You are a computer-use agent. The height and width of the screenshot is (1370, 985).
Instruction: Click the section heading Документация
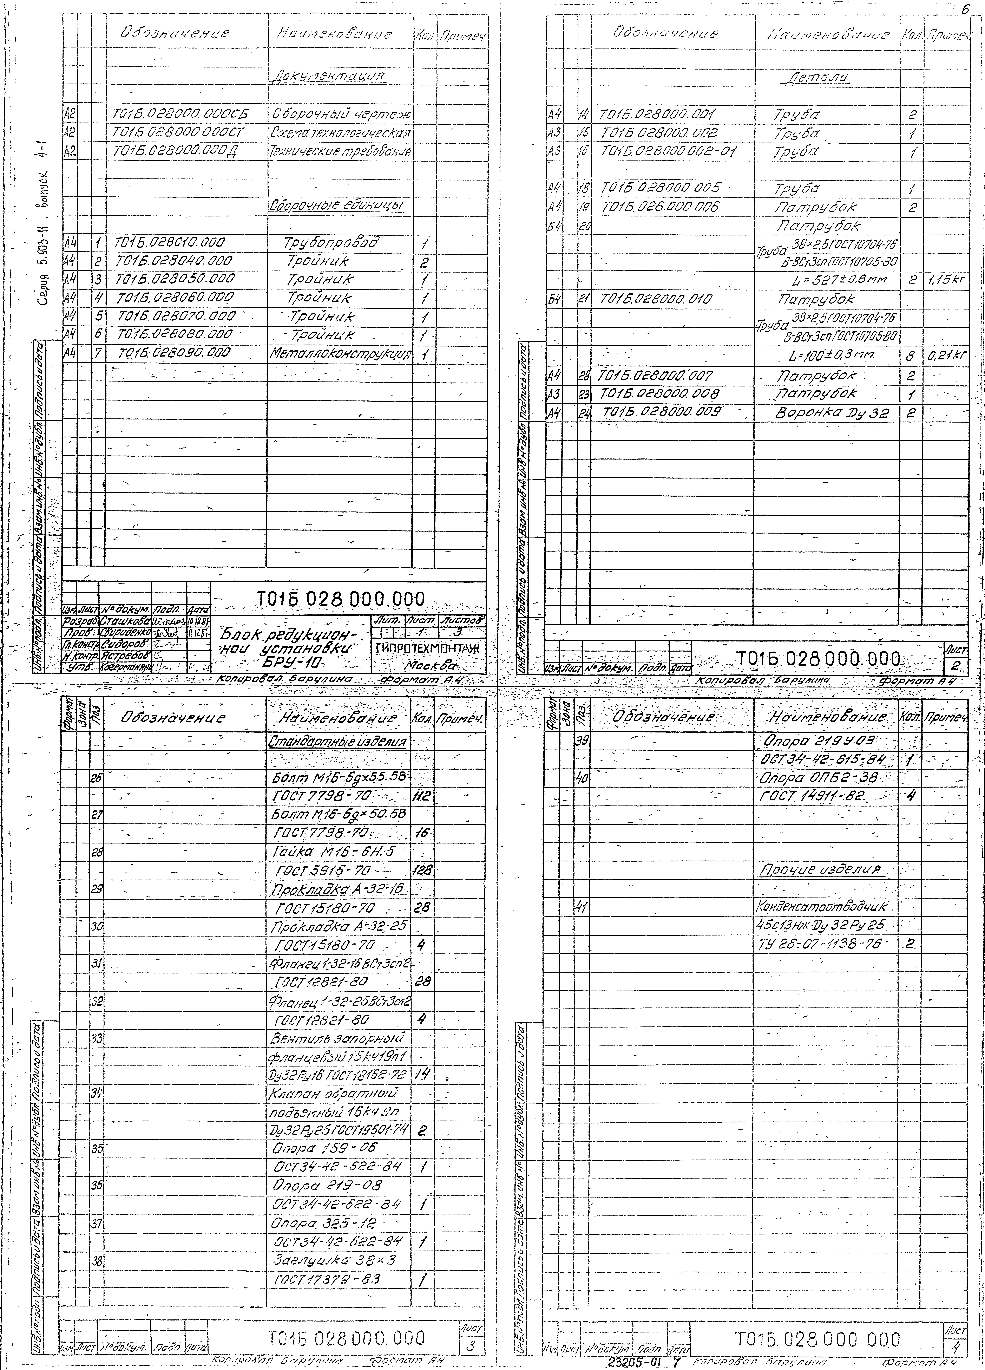coord(329,77)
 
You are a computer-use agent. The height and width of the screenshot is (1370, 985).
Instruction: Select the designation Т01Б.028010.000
coord(169,243)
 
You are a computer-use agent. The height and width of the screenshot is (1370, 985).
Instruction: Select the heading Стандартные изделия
coord(338,741)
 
